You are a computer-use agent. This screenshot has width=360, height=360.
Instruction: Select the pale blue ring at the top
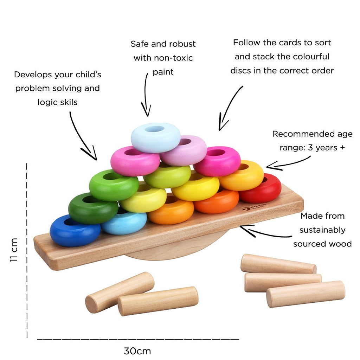pos(155,138)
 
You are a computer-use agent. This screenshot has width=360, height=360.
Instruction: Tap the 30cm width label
pos(137,351)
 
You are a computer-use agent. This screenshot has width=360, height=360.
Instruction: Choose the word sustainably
pos(322,230)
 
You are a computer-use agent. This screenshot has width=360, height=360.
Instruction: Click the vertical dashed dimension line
pos(27,250)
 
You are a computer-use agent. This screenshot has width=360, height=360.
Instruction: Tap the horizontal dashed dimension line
pos(137,339)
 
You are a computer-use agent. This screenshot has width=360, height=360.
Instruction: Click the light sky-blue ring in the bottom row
pos(124,223)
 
